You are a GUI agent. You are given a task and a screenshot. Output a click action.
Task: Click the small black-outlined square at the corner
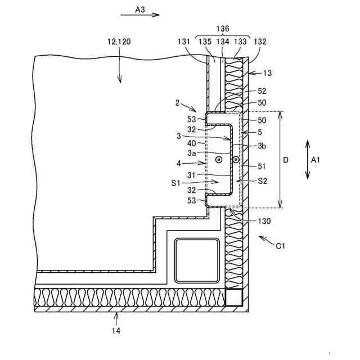pos(234,297)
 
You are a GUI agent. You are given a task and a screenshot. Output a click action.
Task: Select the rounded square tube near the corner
pos(197,260)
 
